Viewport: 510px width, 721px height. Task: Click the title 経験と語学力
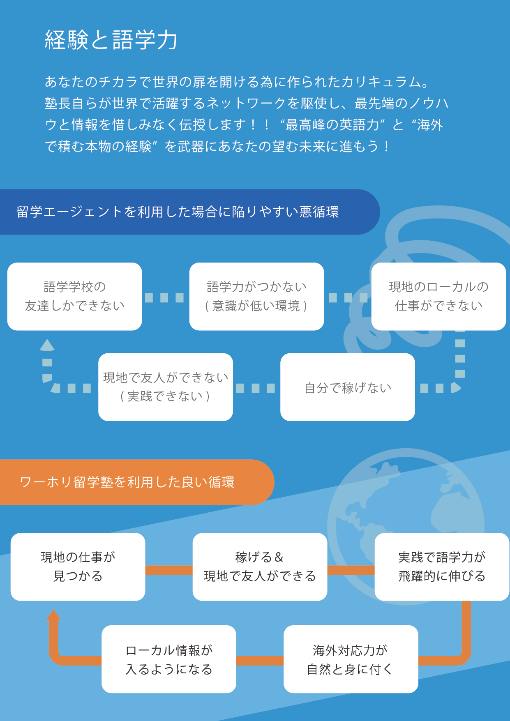(x=111, y=40)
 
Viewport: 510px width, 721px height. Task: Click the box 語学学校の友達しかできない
(x=75, y=296)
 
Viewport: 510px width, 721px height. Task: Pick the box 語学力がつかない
(x=256, y=296)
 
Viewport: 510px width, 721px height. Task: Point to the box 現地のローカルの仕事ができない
(x=438, y=296)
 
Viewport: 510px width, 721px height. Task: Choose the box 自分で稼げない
(x=348, y=387)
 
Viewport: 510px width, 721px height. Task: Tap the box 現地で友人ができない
(x=166, y=387)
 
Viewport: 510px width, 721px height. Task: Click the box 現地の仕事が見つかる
(x=78, y=567)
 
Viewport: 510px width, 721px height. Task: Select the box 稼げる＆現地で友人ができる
(x=260, y=567)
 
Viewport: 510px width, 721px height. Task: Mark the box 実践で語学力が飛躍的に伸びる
(x=442, y=567)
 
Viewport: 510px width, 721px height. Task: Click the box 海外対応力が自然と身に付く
(x=351, y=659)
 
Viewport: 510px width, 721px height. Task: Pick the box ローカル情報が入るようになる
(x=169, y=659)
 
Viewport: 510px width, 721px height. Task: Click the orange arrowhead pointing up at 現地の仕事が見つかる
(x=53, y=615)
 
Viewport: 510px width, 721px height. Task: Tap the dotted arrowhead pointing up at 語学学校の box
(x=47, y=345)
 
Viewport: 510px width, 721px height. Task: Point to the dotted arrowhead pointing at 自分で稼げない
(x=455, y=387)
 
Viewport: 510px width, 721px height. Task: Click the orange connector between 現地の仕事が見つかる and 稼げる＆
(x=169, y=570)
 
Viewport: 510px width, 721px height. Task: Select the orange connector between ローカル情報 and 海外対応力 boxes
(x=260, y=661)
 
